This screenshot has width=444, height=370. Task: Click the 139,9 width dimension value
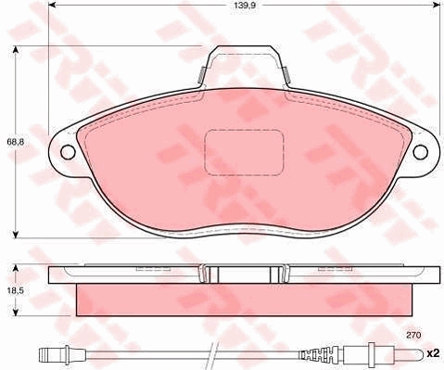point(245,5)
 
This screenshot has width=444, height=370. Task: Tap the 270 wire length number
point(413,335)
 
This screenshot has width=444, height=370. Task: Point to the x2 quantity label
point(433,353)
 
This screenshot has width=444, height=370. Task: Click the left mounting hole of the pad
point(68,152)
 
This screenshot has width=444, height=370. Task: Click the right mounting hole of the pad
point(421,152)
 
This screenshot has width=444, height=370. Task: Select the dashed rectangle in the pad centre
point(244,153)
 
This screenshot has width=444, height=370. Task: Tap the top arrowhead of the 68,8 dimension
point(15,50)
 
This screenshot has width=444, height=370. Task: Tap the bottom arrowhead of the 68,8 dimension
point(15,234)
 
